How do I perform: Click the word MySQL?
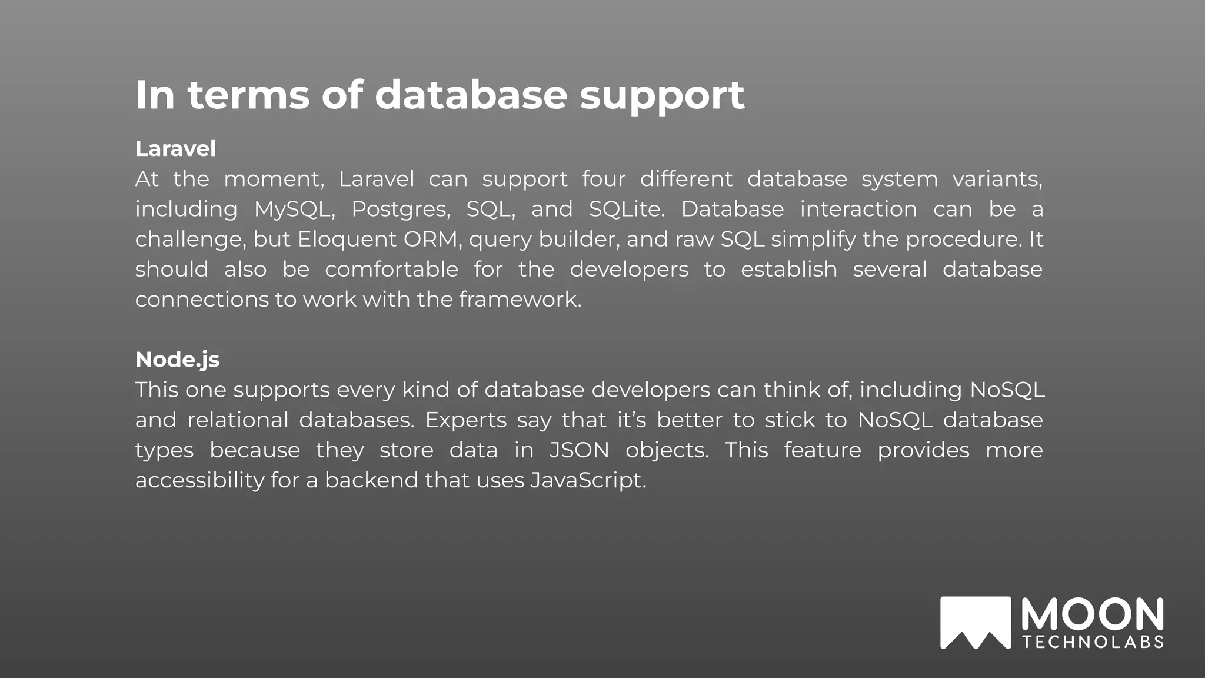(294, 210)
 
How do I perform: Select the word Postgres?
(400, 210)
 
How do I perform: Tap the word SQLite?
(626, 210)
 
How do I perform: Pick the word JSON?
(580, 450)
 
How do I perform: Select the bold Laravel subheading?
(175, 149)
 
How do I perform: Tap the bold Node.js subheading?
(177, 360)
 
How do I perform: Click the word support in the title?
(662, 95)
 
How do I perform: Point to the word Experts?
(466, 420)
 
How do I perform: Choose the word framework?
(520, 300)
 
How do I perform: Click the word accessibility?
(199, 480)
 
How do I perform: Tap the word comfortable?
(391, 270)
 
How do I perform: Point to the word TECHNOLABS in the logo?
(1093, 642)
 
